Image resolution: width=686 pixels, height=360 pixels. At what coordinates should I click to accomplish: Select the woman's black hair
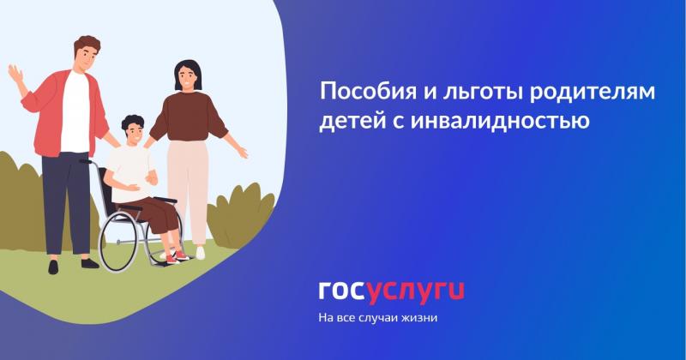[x=186, y=72]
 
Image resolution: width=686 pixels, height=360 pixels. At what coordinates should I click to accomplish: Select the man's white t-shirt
[x=75, y=111]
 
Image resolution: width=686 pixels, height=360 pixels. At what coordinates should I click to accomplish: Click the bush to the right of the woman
[x=240, y=214]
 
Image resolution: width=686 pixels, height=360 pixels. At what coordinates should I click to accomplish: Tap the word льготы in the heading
[x=448, y=92]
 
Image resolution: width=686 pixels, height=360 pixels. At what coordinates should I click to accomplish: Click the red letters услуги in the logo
[x=415, y=291]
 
